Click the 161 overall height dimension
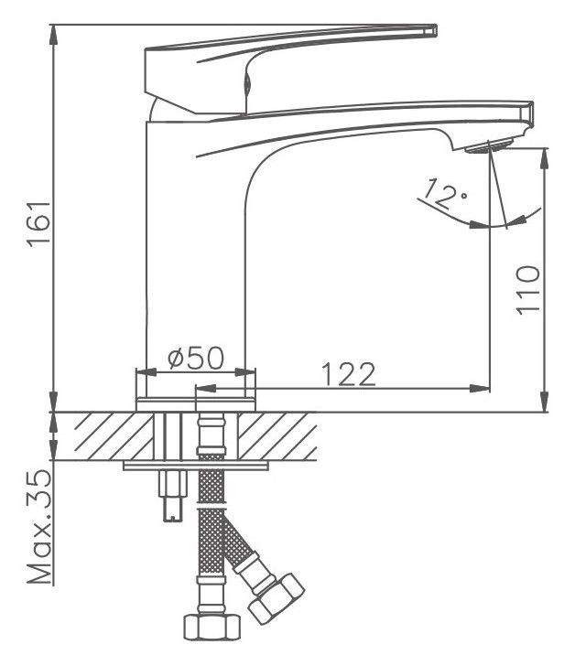(38, 224)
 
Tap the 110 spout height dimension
(527, 289)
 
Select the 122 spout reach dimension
(350, 374)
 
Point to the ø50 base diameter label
(196, 358)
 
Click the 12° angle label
(445, 193)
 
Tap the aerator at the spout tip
(488, 146)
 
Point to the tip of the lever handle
(435, 29)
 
